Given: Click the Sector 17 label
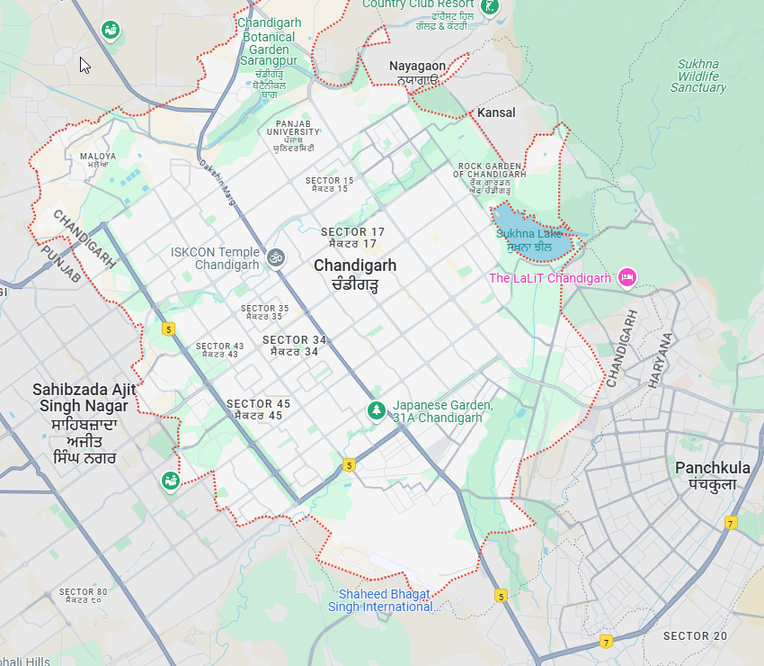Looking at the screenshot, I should [x=352, y=238].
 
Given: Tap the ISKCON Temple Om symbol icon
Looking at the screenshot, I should [x=276, y=258].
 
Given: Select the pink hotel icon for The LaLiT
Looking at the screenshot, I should [x=628, y=278].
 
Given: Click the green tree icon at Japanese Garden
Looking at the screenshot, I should [x=377, y=410].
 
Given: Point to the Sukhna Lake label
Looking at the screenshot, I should [x=534, y=239].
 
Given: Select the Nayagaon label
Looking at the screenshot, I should [x=417, y=72].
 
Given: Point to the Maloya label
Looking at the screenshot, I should [x=99, y=160].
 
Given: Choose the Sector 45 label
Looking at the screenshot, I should [x=258, y=409].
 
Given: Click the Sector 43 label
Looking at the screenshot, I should [x=219, y=350].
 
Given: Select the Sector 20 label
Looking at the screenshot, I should [x=695, y=635].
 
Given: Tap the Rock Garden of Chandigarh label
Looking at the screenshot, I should [x=491, y=178].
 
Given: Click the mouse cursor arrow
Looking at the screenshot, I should [x=84, y=65].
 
